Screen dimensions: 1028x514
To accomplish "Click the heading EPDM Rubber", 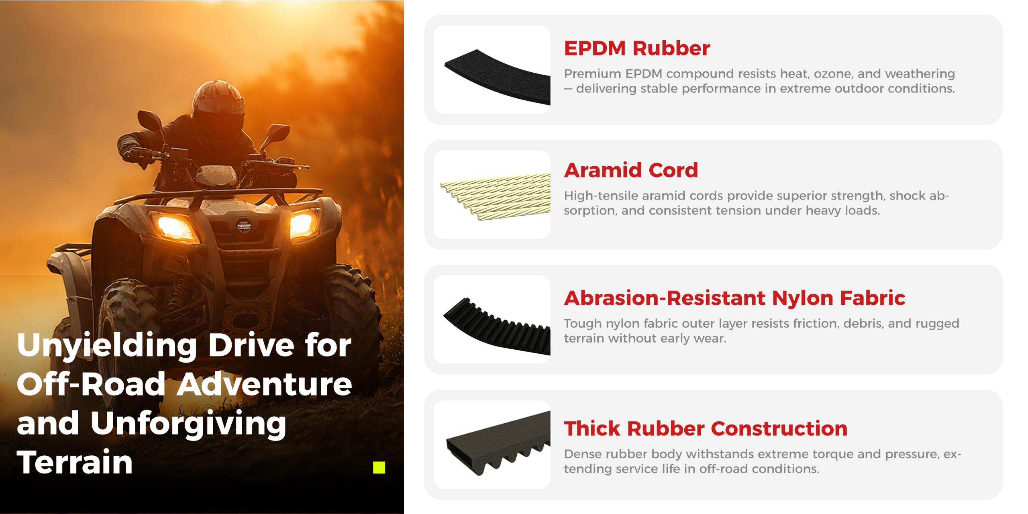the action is pos(637,48).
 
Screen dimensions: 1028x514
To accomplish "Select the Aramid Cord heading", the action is pos(631,170).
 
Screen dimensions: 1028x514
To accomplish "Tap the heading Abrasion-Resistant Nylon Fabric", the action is pos(734,298).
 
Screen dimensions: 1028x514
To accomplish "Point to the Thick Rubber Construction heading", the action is pos(706,428).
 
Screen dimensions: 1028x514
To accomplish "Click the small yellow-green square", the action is pos(379,467).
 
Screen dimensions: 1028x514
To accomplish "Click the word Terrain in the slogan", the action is pos(75,462).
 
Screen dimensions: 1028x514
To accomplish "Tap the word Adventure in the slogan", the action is pos(265,384).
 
